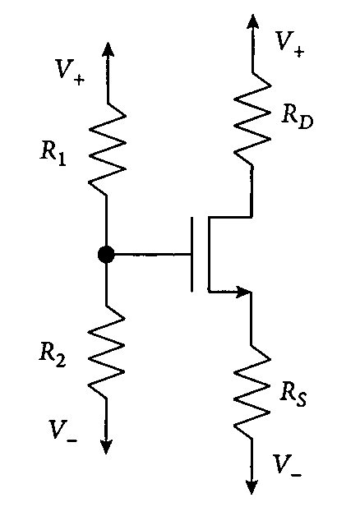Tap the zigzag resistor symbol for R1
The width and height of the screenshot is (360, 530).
pyautogui.click(x=106, y=152)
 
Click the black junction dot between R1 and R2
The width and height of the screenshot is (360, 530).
pyautogui.click(x=106, y=255)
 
